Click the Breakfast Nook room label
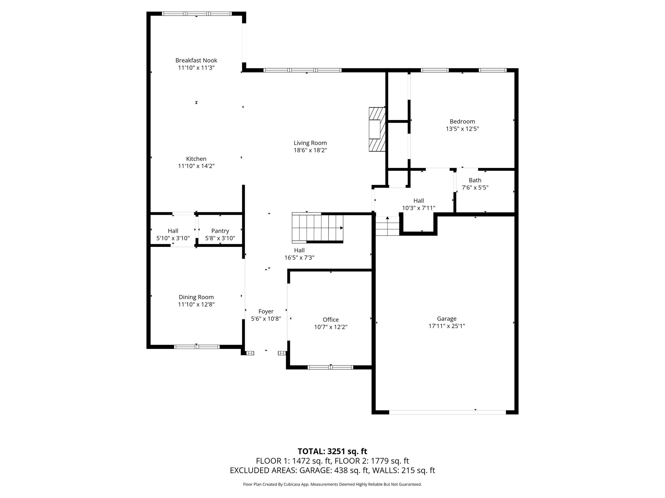(x=196, y=61)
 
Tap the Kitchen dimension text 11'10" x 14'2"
(x=196, y=166)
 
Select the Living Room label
(x=310, y=143)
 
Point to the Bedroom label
(x=462, y=121)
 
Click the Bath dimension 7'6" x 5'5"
(x=475, y=187)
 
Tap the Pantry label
(x=220, y=231)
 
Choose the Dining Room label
(x=196, y=297)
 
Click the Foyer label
(x=266, y=312)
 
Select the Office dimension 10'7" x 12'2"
(x=330, y=327)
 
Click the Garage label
(x=446, y=319)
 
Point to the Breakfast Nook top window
(x=197, y=14)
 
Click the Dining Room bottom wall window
(x=197, y=347)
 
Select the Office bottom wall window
(x=330, y=367)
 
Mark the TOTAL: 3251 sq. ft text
(x=332, y=451)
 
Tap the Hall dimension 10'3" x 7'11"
(x=418, y=208)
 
